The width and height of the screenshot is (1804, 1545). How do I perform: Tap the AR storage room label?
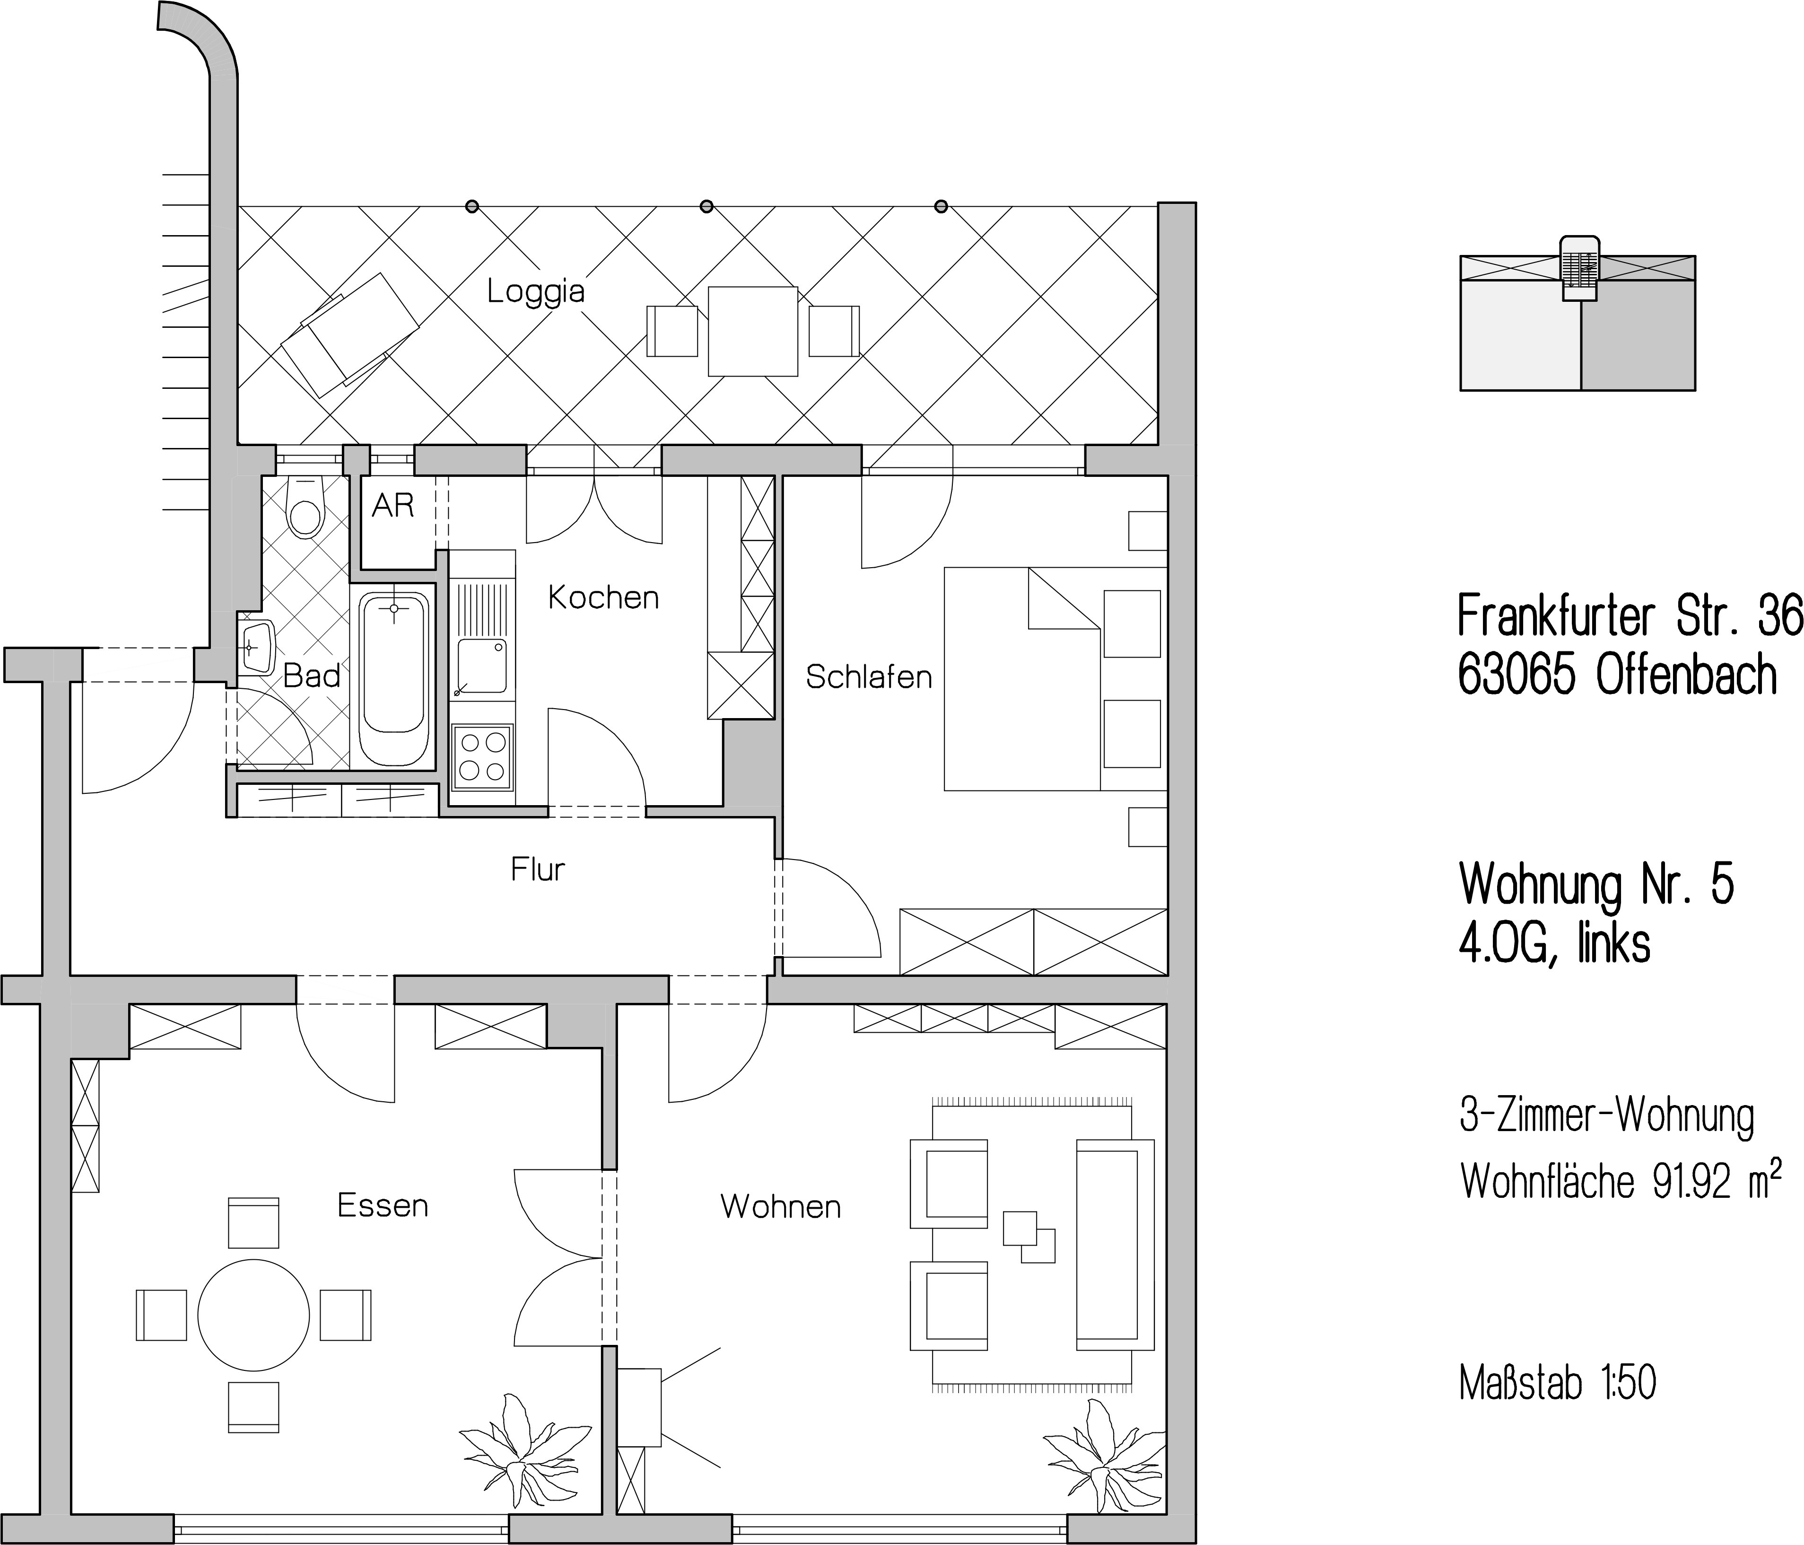[x=392, y=506]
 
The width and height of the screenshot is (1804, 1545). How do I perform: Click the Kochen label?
[x=603, y=597]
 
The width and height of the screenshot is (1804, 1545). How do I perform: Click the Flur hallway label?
[x=538, y=869]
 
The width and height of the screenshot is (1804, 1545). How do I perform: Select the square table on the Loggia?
[x=753, y=331]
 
